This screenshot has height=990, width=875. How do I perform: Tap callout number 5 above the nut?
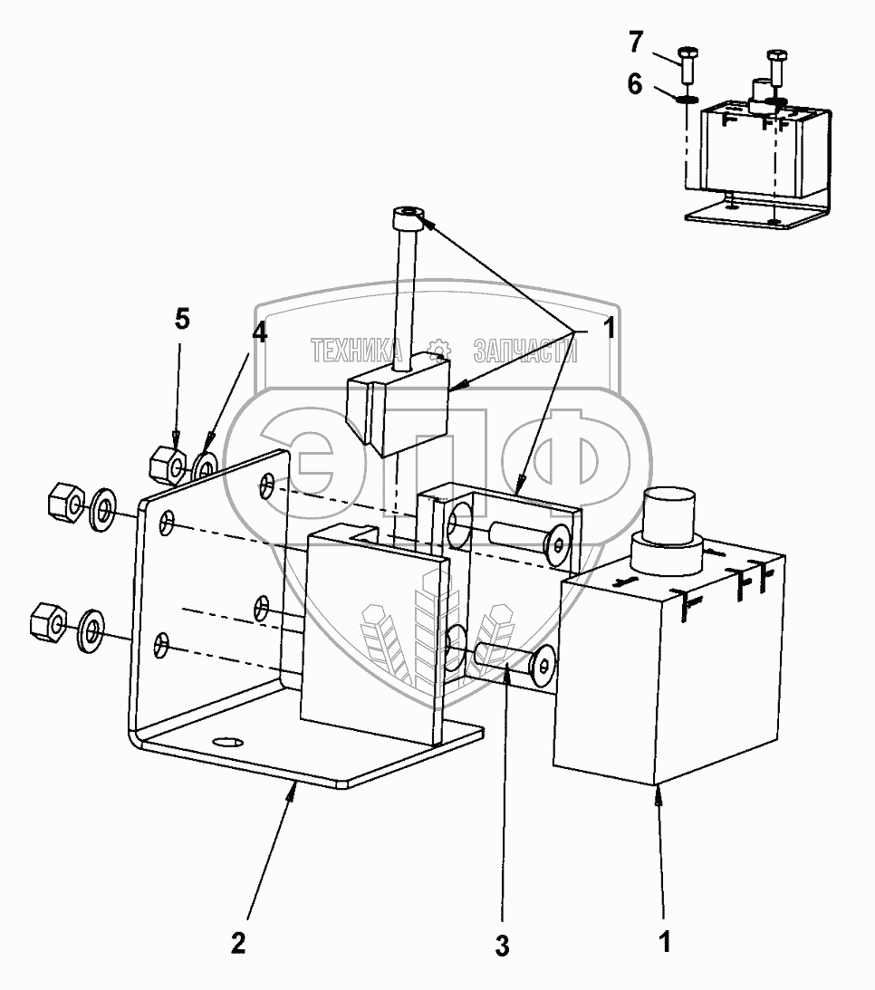pyautogui.click(x=183, y=320)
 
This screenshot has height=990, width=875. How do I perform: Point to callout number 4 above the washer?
pyautogui.click(x=260, y=332)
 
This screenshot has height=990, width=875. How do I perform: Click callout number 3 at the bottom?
pyautogui.click(x=502, y=947)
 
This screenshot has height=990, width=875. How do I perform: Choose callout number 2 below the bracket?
pyautogui.click(x=237, y=943)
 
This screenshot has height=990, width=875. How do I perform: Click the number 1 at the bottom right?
pyautogui.click(x=665, y=942)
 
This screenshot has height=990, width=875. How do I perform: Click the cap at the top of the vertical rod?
pyautogui.click(x=409, y=217)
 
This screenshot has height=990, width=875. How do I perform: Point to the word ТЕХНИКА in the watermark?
pyautogui.click(x=357, y=351)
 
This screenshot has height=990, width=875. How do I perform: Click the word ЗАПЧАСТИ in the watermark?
pyautogui.click(x=524, y=351)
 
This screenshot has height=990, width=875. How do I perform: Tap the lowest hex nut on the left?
pyautogui.click(x=45, y=621)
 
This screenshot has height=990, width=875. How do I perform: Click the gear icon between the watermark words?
pyautogui.click(x=440, y=350)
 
